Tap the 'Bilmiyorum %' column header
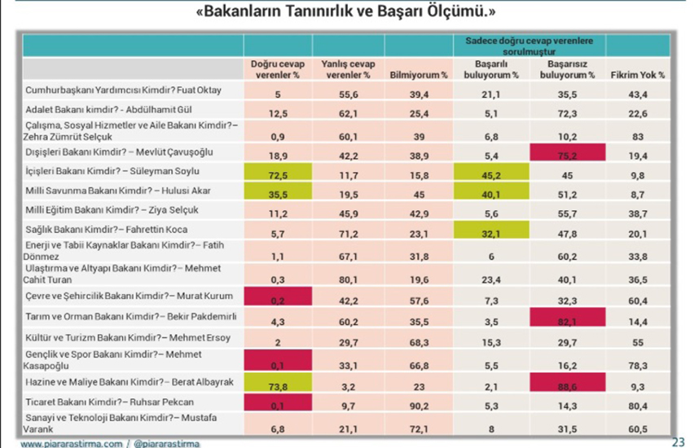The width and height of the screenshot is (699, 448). (x=418, y=74)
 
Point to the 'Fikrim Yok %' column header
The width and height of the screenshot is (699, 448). (x=637, y=74)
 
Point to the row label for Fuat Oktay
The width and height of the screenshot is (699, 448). (x=135, y=90)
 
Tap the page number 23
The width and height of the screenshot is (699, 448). (x=678, y=441)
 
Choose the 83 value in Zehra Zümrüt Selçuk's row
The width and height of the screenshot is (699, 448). (x=637, y=133)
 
